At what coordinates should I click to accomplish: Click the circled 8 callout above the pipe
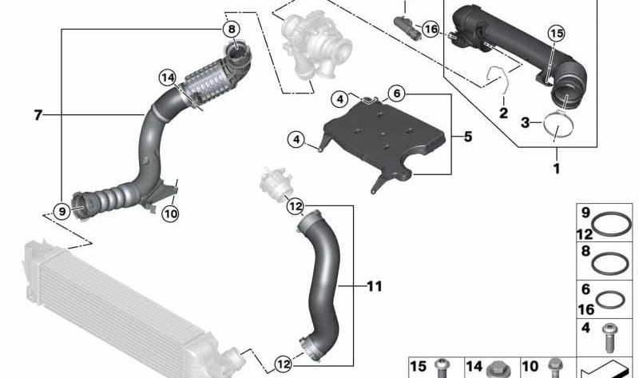pos(231,30)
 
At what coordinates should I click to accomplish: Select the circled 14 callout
pos(167,78)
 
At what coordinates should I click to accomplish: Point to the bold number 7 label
pos(38,116)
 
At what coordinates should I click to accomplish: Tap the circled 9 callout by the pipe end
pos(62,212)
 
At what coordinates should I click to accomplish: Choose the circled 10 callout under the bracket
pos(169,213)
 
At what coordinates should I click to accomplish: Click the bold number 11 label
pos(375,285)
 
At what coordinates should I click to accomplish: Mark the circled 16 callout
pos(431,30)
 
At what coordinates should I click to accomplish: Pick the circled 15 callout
pos(556,33)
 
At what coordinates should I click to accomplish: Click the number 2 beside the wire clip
pos(503,113)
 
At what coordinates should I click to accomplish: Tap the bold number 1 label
pos(557,169)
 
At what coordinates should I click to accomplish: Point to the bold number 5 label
pos(467,137)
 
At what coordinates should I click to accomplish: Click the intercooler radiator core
pos(104,304)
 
